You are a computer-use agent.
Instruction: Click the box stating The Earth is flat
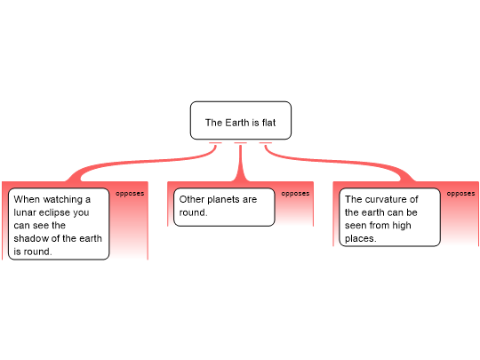(241, 121)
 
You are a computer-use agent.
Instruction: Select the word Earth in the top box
(237, 123)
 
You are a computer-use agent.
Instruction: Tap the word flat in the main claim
(268, 123)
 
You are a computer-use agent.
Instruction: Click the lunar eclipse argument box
(59, 224)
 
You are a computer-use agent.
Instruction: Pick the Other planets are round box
(224, 207)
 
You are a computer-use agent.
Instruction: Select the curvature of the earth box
(389, 218)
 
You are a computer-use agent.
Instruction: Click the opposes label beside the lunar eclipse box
(130, 194)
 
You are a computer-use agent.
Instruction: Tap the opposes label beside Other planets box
(295, 194)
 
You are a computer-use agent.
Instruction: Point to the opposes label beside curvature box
(460, 194)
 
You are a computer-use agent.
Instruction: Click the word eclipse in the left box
(66, 212)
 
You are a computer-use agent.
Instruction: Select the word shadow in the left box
(29, 238)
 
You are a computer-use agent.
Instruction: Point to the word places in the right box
(360, 239)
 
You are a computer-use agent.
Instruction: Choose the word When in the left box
(25, 199)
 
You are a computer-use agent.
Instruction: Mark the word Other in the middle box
(192, 199)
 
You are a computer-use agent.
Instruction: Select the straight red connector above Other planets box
(241, 163)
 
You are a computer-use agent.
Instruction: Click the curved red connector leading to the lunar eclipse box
(144, 163)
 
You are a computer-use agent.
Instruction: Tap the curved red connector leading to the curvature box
(337, 162)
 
